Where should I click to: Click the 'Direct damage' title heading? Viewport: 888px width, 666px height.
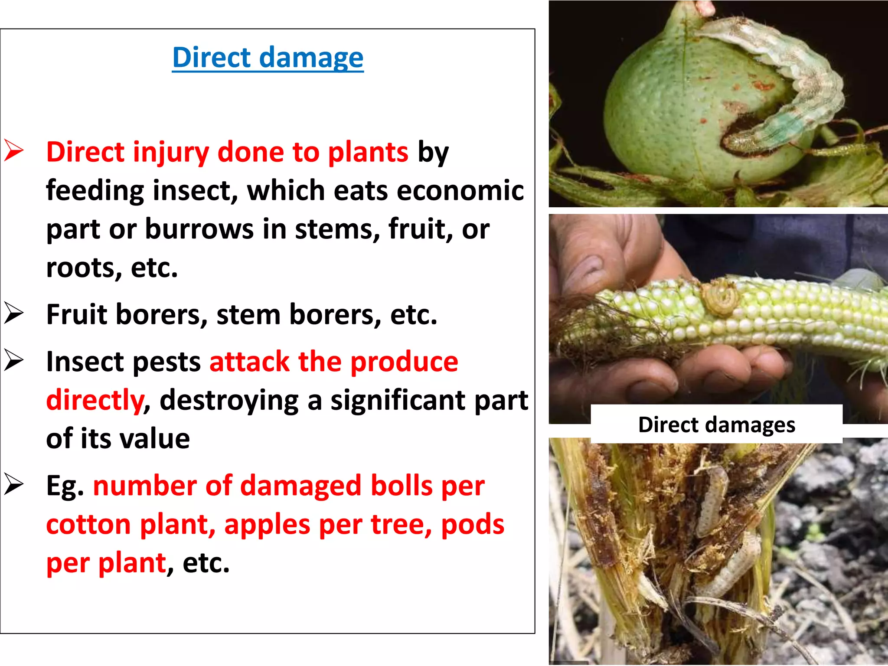tap(268, 58)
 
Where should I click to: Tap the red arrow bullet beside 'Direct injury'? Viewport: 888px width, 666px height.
tap(14, 151)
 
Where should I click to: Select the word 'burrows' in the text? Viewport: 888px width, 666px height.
tap(199, 229)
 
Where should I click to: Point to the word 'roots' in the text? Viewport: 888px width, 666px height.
tap(80, 268)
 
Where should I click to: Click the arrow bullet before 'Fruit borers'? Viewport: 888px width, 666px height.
tap(14, 313)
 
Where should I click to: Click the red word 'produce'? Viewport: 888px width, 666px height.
tap(404, 362)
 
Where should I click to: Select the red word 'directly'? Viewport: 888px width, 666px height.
tap(95, 400)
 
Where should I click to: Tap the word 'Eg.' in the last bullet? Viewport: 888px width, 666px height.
tap(65, 486)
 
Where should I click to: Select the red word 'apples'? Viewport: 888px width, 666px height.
tap(267, 525)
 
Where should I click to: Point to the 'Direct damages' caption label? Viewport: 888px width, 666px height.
tap(716, 424)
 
